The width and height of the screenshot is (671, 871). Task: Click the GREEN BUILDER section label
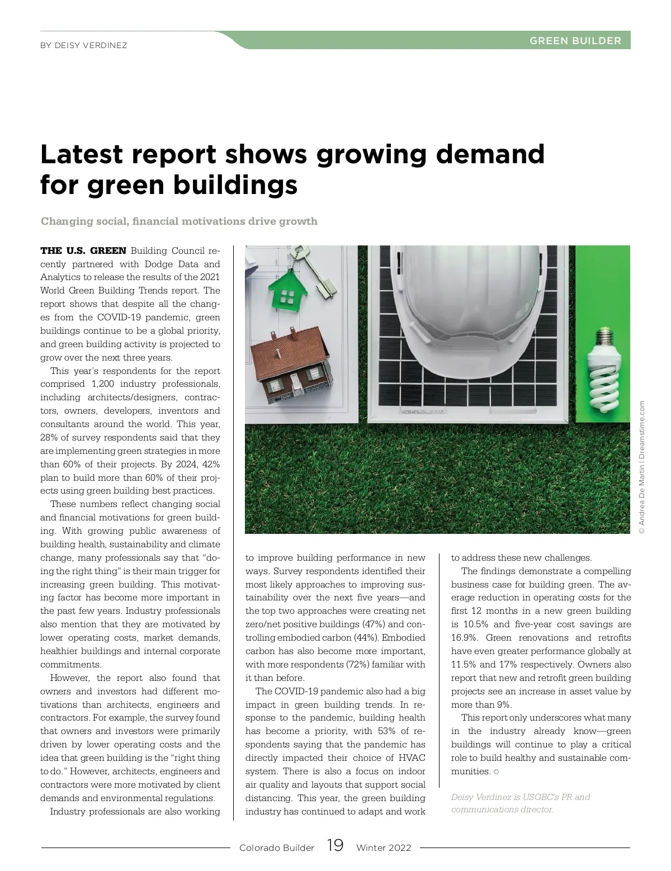[575, 40]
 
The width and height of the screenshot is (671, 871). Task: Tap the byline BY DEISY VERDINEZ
[84, 45]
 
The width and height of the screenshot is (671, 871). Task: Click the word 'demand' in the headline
[490, 154]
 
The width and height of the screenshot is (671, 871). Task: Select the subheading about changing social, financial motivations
[179, 221]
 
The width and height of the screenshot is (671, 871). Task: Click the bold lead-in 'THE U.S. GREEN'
[83, 250]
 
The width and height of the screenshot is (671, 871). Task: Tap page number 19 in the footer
[335, 845]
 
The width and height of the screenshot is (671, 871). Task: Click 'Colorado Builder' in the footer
[276, 848]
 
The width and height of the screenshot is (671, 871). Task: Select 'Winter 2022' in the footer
[384, 848]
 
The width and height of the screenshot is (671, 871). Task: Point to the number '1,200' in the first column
[103, 384]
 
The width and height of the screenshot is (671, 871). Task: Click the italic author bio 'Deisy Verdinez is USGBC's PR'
[520, 797]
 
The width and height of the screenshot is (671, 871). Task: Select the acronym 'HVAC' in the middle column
[410, 758]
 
